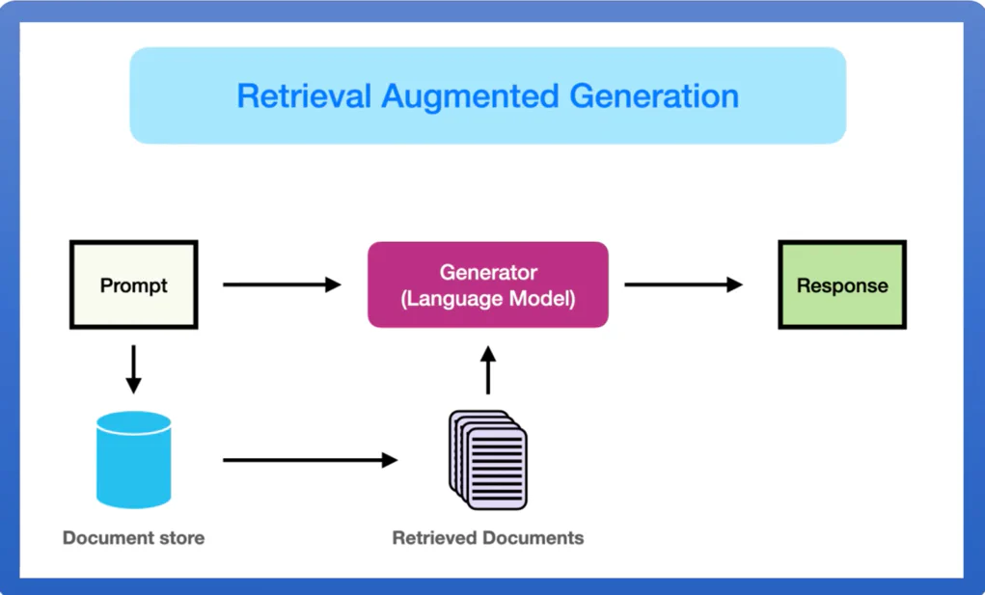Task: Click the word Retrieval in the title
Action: (x=304, y=96)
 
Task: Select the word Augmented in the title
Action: (x=470, y=96)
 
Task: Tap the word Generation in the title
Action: (x=654, y=96)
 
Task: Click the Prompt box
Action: (x=133, y=285)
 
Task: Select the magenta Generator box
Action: (x=487, y=284)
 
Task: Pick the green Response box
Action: (x=841, y=285)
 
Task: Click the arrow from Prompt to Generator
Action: (x=282, y=284)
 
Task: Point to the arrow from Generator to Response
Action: (x=683, y=284)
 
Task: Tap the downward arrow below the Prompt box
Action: (x=133, y=369)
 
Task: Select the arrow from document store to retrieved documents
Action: (x=310, y=460)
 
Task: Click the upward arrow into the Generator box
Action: (x=487, y=370)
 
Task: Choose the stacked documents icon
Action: (x=488, y=460)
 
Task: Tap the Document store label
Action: (x=133, y=537)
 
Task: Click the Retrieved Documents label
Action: (x=488, y=537)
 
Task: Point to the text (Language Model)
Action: (x=488, y=299)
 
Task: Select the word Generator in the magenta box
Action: (x=488, y=272)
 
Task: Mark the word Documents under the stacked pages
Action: (x=536, y=537)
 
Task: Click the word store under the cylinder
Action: (x=180, y=537)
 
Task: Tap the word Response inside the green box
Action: (x=842, y=285)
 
